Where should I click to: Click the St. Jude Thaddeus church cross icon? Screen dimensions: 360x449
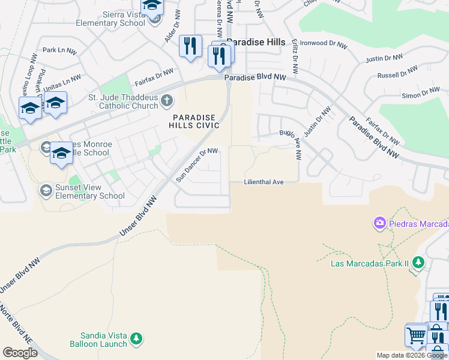click(166, 100)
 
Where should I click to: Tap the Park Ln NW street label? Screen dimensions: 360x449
click(57, 50)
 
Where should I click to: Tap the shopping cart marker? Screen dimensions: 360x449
click(417, 335)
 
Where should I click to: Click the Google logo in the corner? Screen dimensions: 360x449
click(20, 353)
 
